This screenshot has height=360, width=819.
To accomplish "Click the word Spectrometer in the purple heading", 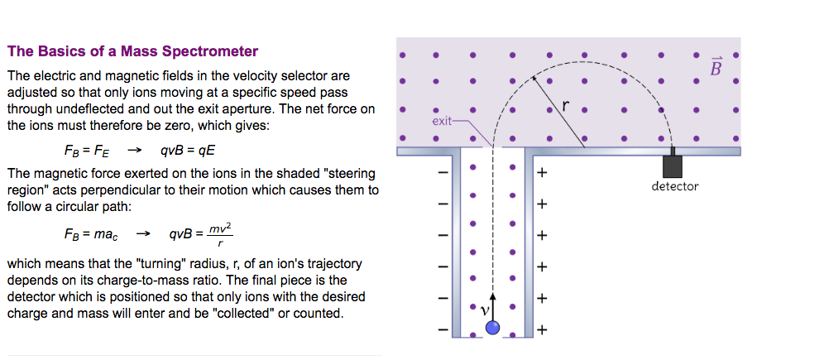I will [210, 51].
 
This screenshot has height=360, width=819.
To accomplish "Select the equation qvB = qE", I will [189, 151].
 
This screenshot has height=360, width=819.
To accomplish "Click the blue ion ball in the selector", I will [493, 328].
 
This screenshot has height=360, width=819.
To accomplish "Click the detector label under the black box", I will [675, 186].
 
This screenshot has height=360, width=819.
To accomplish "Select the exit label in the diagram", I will [443, 121].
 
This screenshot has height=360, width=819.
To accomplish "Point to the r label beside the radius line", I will [566, 106].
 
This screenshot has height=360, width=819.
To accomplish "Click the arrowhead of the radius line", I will [534, 77].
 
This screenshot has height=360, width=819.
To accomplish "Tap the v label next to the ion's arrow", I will [486, 309].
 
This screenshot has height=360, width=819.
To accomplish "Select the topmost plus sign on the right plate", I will [542, 173].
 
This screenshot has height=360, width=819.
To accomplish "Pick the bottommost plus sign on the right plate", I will [542, 330].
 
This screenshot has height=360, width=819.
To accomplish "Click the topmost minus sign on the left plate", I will [443, 173].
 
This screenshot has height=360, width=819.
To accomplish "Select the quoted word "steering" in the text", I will [350, 174].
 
